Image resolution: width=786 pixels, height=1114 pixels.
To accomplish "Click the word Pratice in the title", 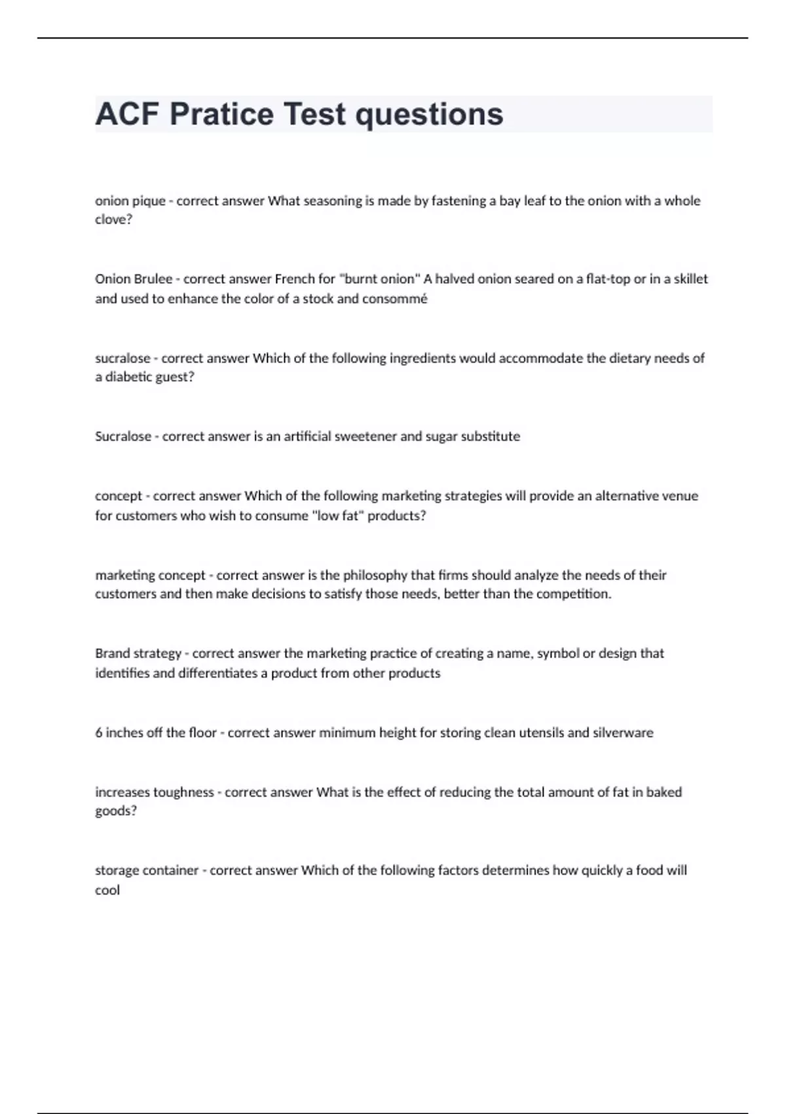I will [x=221, y=114].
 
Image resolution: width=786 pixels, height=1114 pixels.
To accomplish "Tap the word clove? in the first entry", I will [x=114, y=220].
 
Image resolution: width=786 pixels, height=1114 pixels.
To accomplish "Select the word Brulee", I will [x=153, y=279].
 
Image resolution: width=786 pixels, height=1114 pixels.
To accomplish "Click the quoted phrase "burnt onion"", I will [x=379, y=279].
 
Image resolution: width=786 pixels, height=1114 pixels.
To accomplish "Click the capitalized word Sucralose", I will [x=122, y=436].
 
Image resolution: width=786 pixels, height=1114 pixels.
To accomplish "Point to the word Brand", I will [x=112, y=653].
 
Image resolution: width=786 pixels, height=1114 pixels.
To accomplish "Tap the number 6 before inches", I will [x=99, y=733].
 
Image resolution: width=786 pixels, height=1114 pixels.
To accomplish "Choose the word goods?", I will [x=116, y=811].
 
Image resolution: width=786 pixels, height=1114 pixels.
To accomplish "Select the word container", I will [x=170, y=871].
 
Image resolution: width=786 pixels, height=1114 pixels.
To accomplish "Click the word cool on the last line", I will [x=107, y=891].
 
